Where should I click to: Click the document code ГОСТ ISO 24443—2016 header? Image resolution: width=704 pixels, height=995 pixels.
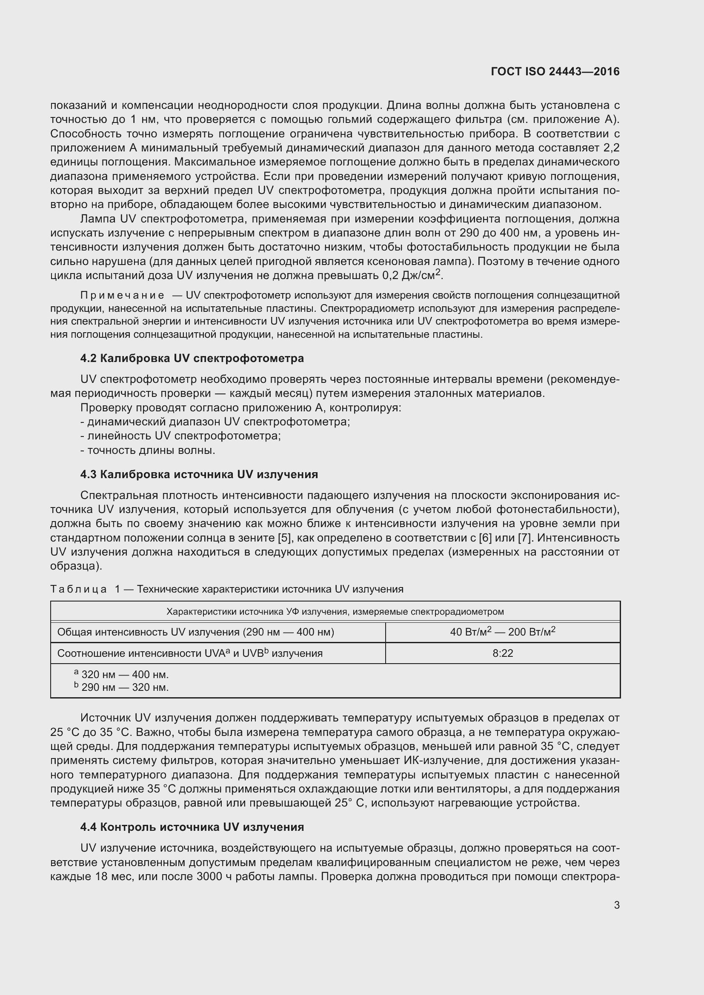[555, 71]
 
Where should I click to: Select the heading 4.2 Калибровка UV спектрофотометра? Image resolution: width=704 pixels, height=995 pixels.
[192, 358]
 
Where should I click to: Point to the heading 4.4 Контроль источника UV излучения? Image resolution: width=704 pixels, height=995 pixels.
[192, 827]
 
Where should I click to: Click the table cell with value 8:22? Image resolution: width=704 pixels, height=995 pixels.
[502, 653]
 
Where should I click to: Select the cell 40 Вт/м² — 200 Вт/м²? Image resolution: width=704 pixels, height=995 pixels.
[502, 632]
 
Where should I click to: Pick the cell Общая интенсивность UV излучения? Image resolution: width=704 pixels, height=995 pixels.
[195, 632]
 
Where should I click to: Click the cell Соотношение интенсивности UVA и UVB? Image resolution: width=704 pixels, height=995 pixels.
[190, 653]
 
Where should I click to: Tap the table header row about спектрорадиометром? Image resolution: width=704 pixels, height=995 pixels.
[335, 611]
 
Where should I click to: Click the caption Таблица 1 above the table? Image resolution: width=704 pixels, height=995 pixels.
[226, 589]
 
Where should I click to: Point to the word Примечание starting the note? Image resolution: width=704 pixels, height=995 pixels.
[122, 296]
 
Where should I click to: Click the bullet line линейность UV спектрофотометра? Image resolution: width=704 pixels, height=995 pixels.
[180, 436]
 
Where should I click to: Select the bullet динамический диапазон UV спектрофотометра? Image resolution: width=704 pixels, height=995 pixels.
[215, 422]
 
